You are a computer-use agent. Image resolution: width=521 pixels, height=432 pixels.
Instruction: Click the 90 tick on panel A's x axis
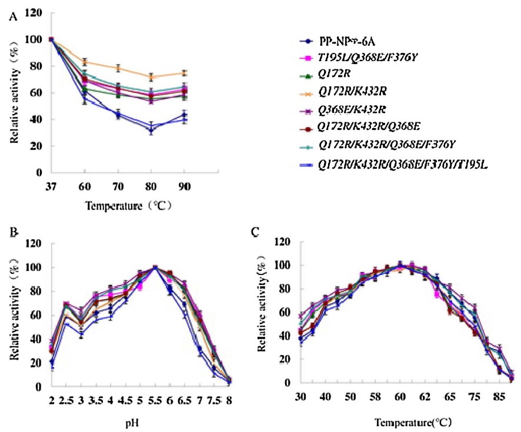pyautogui.click(x=185, y=185)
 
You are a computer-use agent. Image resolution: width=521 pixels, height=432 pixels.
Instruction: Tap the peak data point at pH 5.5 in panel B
pyautogui.click(x=155, y=268)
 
